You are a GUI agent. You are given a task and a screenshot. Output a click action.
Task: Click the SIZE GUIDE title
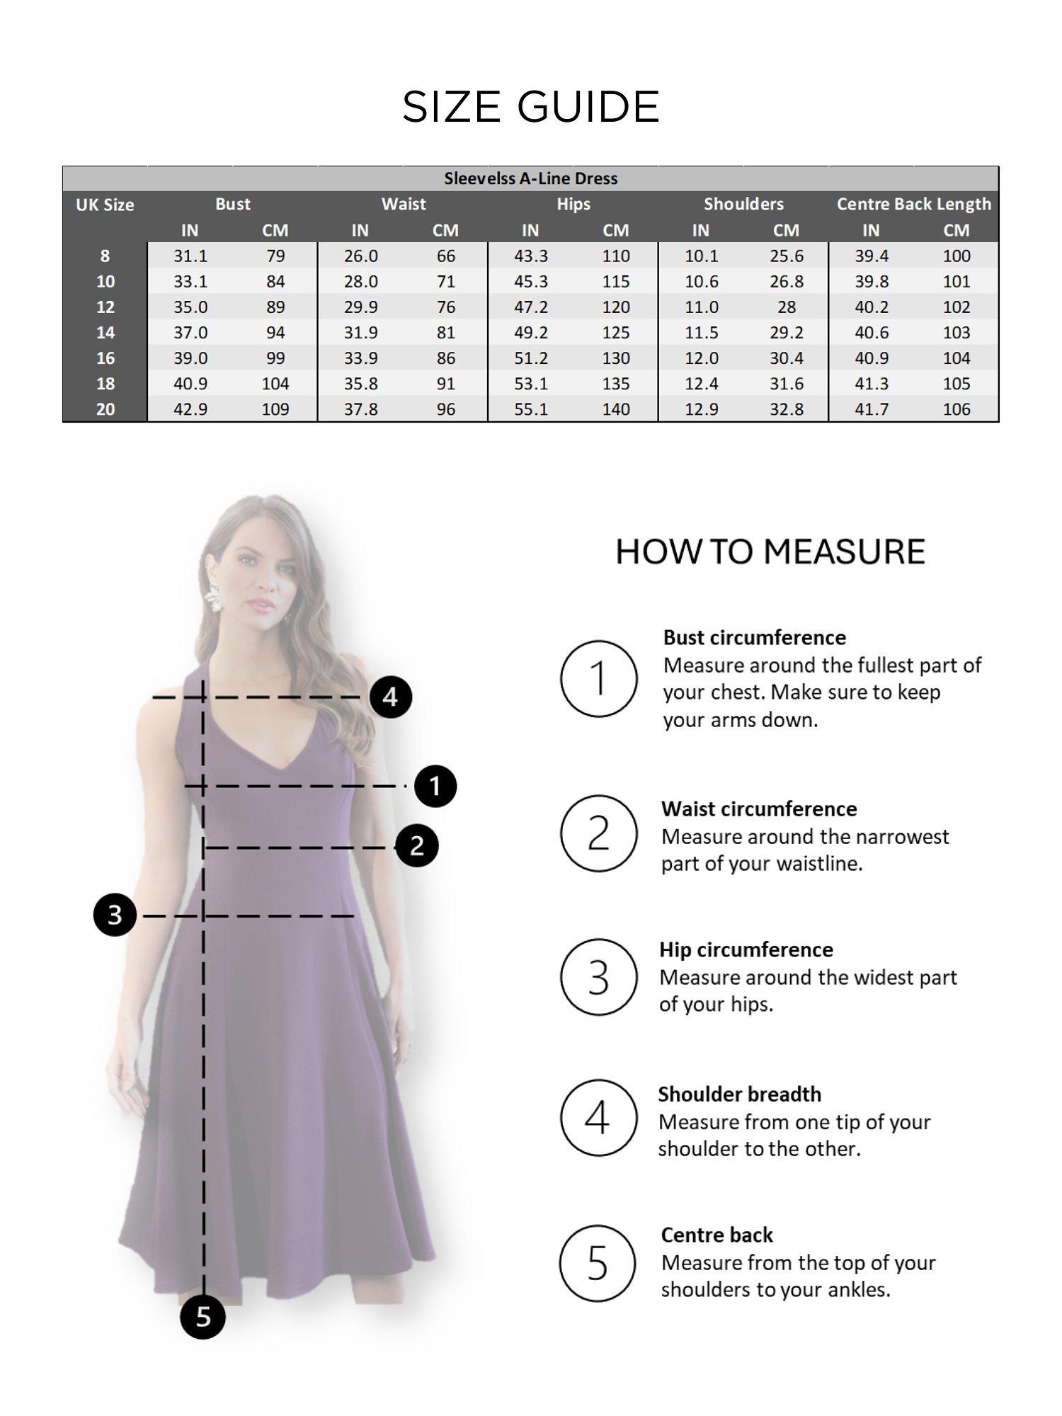coord(531,107)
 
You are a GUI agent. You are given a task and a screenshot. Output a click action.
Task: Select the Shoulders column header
coord(743,204)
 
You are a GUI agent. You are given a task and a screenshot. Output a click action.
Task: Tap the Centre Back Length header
coord(913,204)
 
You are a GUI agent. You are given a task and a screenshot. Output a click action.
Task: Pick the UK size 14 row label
coord(105,333)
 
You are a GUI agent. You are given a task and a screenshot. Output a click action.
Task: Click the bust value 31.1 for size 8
coord(190,256)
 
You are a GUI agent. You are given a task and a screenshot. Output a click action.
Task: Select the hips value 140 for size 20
coord(616,409)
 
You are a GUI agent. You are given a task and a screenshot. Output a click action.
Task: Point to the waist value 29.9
coord(360,307)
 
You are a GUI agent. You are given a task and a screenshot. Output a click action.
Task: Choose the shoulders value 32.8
coord(787,409)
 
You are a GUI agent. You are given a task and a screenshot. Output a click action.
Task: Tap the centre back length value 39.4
coord(871,256)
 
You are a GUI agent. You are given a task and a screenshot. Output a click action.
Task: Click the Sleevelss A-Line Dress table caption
coord(531,178)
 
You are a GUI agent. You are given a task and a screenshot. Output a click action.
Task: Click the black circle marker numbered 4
coord(391,697)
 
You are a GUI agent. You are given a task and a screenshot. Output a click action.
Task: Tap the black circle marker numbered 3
coord(115,915)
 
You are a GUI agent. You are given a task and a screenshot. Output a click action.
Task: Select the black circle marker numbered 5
coord(203,1317)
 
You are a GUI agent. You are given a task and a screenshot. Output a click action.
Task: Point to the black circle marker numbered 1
coord(435,786)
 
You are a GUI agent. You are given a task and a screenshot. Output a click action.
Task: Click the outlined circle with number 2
coord(598,833)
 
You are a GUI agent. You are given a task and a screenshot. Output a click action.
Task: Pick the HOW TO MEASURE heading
coord(770,552)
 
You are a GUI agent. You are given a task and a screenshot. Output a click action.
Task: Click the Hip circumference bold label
coord(746,949)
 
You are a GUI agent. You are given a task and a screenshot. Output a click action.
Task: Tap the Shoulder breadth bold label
coord(739,1094)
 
